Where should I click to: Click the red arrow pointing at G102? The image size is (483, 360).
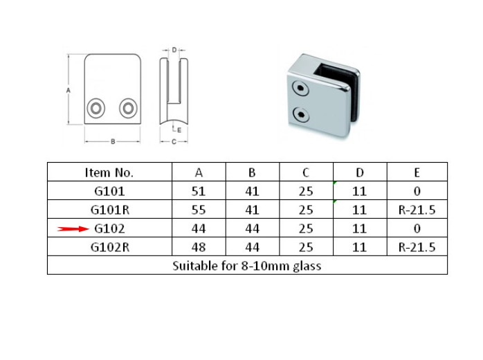tap(73, 228)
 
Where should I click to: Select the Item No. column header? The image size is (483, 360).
tap(109, 172)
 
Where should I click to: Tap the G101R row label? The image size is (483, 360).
tap(110, 210)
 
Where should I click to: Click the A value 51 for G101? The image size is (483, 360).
tap(199, 191)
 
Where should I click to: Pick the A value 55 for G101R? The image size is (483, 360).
tap(199, 210)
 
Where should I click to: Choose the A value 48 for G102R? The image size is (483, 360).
tap(199, 247)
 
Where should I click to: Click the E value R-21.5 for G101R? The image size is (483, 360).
tap(417, 210)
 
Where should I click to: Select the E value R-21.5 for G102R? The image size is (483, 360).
tap(417, 247)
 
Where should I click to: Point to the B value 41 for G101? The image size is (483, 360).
tap(253, 191)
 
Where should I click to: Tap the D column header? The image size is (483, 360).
tap(359, 172)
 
